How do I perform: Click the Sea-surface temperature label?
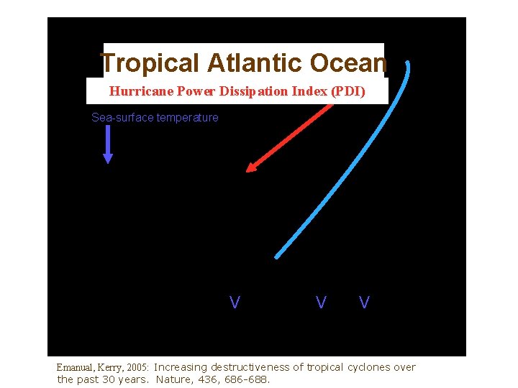coord(155,117)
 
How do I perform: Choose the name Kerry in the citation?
coord(119,367)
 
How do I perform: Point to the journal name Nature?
coord(173,379)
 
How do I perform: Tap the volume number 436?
coord(206,379)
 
